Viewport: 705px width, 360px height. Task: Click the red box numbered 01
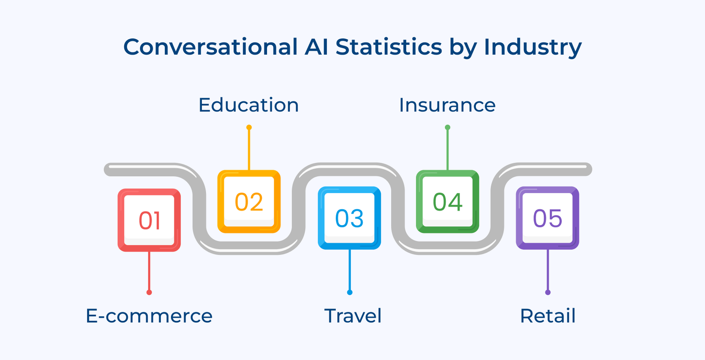pyautogui.click(x=149, y=220)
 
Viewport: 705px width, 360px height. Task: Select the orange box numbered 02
pyautogui.click(x=249, y=202)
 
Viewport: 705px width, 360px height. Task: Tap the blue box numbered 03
pyautogui.click(x=349, y=218)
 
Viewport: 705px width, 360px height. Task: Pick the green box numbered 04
pyautogui.click(x=448, y=202)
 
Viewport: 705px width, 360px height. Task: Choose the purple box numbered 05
pyautogui.click(x=548, y=218)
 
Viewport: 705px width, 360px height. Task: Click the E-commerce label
pyautogui.click(x=149, y=316)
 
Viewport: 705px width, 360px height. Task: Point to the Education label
pyautogui.click(x=249, y=105)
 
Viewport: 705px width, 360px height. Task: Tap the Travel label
pyautogui.click(x=352, y=316)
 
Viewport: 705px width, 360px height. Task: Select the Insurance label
pyautogui.click(x=447, y=105)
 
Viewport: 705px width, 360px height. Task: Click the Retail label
pyautogui.click(x=548, y=316)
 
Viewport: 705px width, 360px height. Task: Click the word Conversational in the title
pyautogui.click(x=211, y=47)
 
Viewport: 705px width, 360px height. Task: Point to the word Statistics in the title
pyautogui.click(x=389, y=47)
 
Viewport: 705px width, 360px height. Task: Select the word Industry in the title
pyautogui.click(x=533, y=47)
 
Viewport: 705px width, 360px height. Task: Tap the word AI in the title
pyautogui.click(x=316, y=47)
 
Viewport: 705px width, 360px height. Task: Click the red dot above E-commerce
pyautogui.click(x=149, y=293)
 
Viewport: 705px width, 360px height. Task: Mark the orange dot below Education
pyautogui.click(x=249, y=127)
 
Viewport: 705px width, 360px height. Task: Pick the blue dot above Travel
pyautogui.click(x=350, y=293)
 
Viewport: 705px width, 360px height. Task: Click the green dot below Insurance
pyautogui.click(x=448, y=127)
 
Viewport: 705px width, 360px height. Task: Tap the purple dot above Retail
pyautogui.click(x=548, y=293)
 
